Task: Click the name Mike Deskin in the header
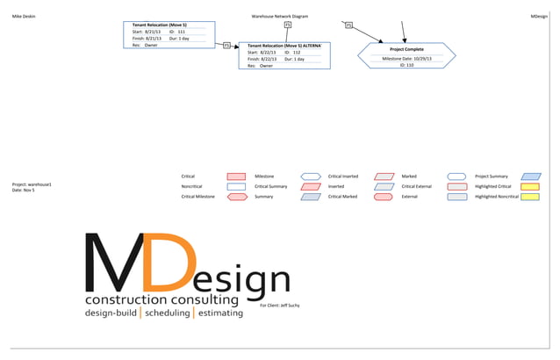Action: [x=24, y=16]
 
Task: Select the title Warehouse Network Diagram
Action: [x=279, y=16]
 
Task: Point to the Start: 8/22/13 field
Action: [x=262, y=52]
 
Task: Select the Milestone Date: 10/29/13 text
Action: [x=407, y=58]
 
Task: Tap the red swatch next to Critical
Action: [x=236, y=176]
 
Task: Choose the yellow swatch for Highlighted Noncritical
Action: [x=530, y=198]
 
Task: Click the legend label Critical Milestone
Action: [x=197, y=198]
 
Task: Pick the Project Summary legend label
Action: [x=492, y=176]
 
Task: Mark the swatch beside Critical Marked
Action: [x=383, y=198]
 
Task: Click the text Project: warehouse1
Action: [x=32, y=184]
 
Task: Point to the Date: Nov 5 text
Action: [x=24, y=191]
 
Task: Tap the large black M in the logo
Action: [x=114, y=263]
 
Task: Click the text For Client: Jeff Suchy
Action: [x=281, y=306]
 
